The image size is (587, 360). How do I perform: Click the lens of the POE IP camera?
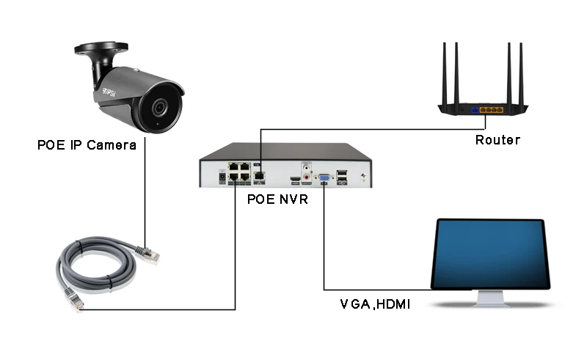160,107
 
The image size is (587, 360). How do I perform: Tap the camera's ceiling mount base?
101,48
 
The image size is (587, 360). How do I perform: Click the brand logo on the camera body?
109,92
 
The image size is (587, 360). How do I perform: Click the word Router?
497,140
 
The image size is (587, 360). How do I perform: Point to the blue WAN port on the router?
475,110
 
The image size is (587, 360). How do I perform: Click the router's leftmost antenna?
445,74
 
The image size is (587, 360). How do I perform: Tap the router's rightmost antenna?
521,74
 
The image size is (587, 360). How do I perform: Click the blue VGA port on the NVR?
324,177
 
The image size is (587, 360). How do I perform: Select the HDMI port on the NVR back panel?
295,180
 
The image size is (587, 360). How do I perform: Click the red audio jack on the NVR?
307,177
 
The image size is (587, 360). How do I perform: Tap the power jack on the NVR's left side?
222,176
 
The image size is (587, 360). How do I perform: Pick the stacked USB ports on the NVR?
342,177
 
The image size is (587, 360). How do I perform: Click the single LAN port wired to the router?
259,176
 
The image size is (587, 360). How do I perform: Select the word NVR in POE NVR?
293,199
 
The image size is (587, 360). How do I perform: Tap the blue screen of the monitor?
490,254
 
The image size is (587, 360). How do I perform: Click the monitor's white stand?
491,298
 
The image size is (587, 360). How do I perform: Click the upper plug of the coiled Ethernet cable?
148,254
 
